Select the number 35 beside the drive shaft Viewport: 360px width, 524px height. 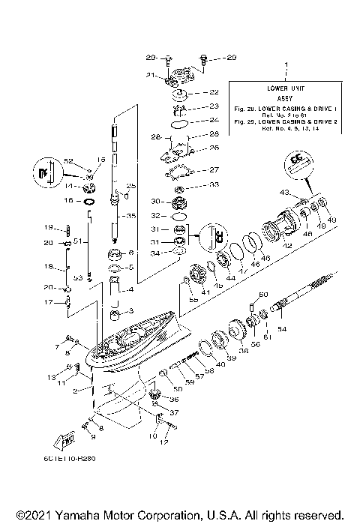tap(131, 216)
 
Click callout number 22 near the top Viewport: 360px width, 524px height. tap(214, 92)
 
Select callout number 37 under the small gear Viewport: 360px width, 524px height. tap(175, 413)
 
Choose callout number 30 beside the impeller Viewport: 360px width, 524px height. tap(155, 202)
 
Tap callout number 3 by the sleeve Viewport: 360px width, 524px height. tap(131, 310)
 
